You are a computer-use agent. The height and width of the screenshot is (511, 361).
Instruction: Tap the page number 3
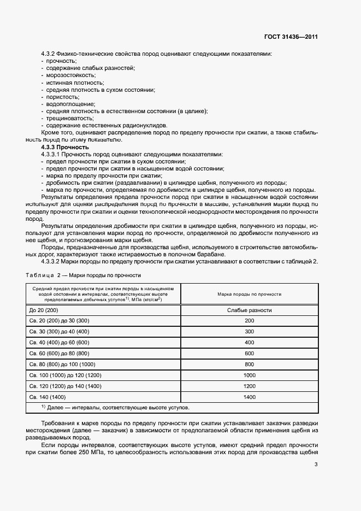(x=316, y=465)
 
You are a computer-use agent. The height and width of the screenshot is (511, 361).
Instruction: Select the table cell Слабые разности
(x=249, y=310)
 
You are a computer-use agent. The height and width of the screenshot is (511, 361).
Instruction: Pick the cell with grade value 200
(x=249, y=320)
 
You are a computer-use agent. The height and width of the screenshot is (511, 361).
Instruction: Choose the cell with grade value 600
(x=249, y=353)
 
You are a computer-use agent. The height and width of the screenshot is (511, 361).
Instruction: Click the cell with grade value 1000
(x=249, y=375)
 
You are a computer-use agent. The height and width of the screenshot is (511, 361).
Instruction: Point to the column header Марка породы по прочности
(x=249, y=294)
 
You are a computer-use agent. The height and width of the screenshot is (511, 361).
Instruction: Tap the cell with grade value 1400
(x=249, y=397)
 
